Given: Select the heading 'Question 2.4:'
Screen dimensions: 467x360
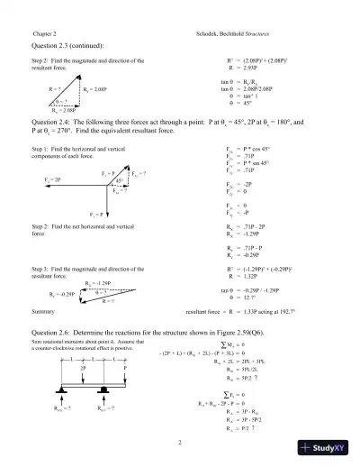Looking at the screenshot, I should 55,119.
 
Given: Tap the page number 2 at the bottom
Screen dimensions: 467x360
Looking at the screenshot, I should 180,442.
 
